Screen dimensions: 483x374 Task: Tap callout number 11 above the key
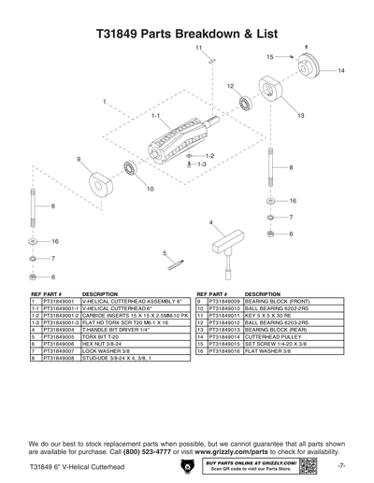(198, 47)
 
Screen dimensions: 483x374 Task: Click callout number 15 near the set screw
(268, 57)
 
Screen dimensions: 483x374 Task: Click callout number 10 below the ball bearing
(149, 190)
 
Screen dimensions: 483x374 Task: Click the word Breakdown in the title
(206, 32)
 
